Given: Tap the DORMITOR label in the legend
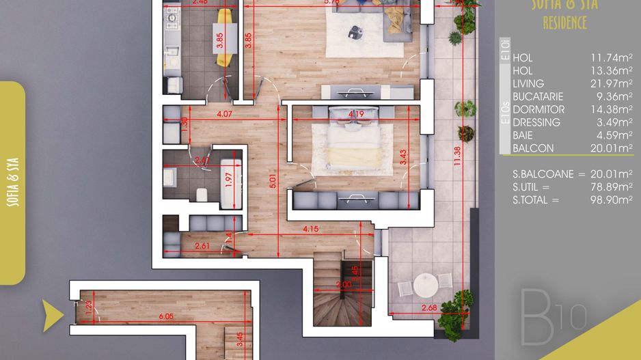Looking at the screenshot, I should pos(538,109).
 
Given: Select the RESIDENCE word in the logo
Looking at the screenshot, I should pos(564,23).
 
